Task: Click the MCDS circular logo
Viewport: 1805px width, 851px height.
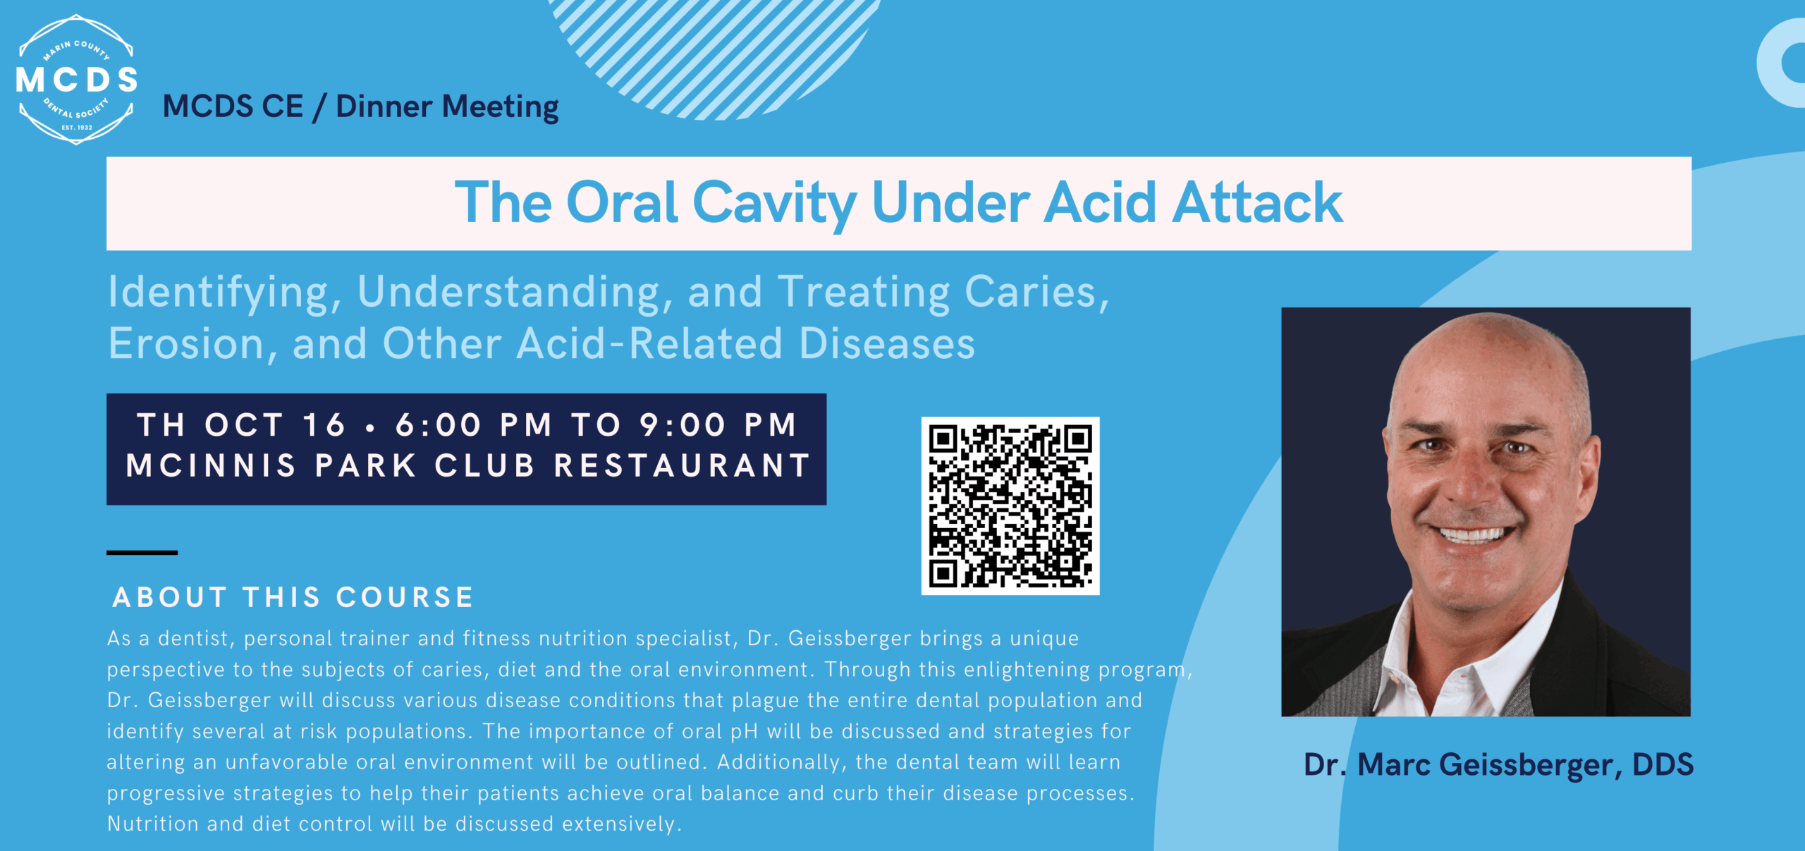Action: click(76, 80)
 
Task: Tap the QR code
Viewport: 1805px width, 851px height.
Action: click(1010, 506)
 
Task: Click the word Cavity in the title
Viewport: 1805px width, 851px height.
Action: click(774, 204)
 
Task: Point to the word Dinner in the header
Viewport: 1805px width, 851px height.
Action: click(384, 106)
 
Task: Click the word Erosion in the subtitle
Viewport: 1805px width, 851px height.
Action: click(186, 344)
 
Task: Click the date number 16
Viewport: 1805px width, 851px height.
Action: click(324, 425)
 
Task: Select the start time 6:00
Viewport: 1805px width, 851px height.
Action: click(438, 425)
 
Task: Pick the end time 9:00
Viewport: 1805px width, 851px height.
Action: click(683, 425)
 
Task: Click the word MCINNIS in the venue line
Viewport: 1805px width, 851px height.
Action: click(211, 465)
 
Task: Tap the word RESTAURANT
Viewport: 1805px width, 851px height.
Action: click(682, 465)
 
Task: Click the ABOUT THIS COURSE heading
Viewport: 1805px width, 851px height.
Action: click(293, 597)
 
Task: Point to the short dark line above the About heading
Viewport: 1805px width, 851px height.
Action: click(142, 553)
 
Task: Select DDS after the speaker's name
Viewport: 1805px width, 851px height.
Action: click(1663, 765)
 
